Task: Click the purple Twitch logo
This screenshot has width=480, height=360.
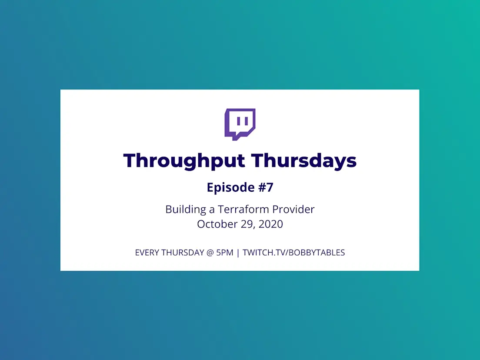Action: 240,124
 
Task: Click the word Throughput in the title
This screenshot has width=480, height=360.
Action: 184,161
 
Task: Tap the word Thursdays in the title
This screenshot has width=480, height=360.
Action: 304,160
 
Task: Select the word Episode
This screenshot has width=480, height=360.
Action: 231,187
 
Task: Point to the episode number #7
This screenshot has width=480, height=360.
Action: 266,187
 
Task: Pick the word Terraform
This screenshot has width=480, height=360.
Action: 243,210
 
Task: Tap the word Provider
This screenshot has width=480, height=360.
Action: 293,210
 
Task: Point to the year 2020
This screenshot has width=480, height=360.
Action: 270,224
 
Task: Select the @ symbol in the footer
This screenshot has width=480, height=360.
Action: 210,253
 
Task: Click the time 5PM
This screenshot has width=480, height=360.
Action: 225,253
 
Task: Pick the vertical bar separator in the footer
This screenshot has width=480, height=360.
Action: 238,253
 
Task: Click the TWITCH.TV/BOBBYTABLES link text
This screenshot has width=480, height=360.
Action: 293,253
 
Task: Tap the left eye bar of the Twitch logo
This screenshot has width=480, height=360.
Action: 238,121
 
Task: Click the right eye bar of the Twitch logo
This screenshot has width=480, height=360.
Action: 247,121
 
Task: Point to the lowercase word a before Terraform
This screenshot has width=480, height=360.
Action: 212,210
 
